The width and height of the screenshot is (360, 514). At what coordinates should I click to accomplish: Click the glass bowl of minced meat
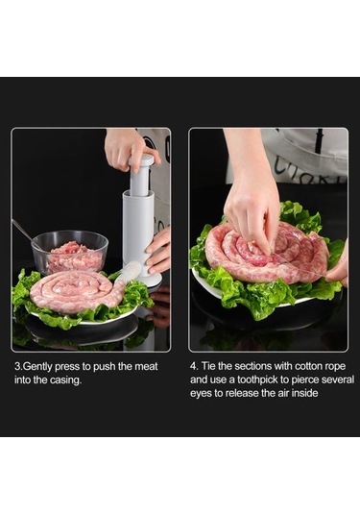69,252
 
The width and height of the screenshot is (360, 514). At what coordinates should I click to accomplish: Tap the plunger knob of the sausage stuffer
141,160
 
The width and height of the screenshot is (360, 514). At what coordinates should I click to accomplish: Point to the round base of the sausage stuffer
149,280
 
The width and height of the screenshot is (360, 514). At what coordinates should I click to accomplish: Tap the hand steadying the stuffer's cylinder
157,251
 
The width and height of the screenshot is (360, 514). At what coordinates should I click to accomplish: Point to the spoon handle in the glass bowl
22,229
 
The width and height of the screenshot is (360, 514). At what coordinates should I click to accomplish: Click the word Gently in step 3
37,366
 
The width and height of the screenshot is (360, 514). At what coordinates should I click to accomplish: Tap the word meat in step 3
146,366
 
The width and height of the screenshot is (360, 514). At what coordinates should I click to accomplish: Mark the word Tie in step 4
208,366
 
